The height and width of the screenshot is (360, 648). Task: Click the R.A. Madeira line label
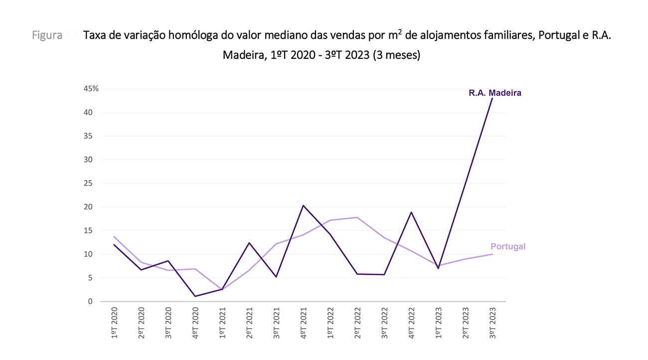(495, 93)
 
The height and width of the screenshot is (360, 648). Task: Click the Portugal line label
(508, 246)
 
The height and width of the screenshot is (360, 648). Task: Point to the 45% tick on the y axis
(91, 89)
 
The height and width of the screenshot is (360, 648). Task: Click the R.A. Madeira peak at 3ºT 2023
(492, 98)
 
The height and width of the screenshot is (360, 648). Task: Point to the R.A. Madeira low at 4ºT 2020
(195, 296)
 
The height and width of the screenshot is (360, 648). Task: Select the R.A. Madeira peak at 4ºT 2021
(303, 205)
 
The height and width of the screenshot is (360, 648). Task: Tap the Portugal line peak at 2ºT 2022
(357, 217)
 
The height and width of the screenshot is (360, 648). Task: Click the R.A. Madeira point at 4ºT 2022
(411, 212)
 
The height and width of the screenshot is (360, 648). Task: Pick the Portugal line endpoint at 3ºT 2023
(492, 254)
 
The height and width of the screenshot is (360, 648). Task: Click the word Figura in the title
(47, 36)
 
